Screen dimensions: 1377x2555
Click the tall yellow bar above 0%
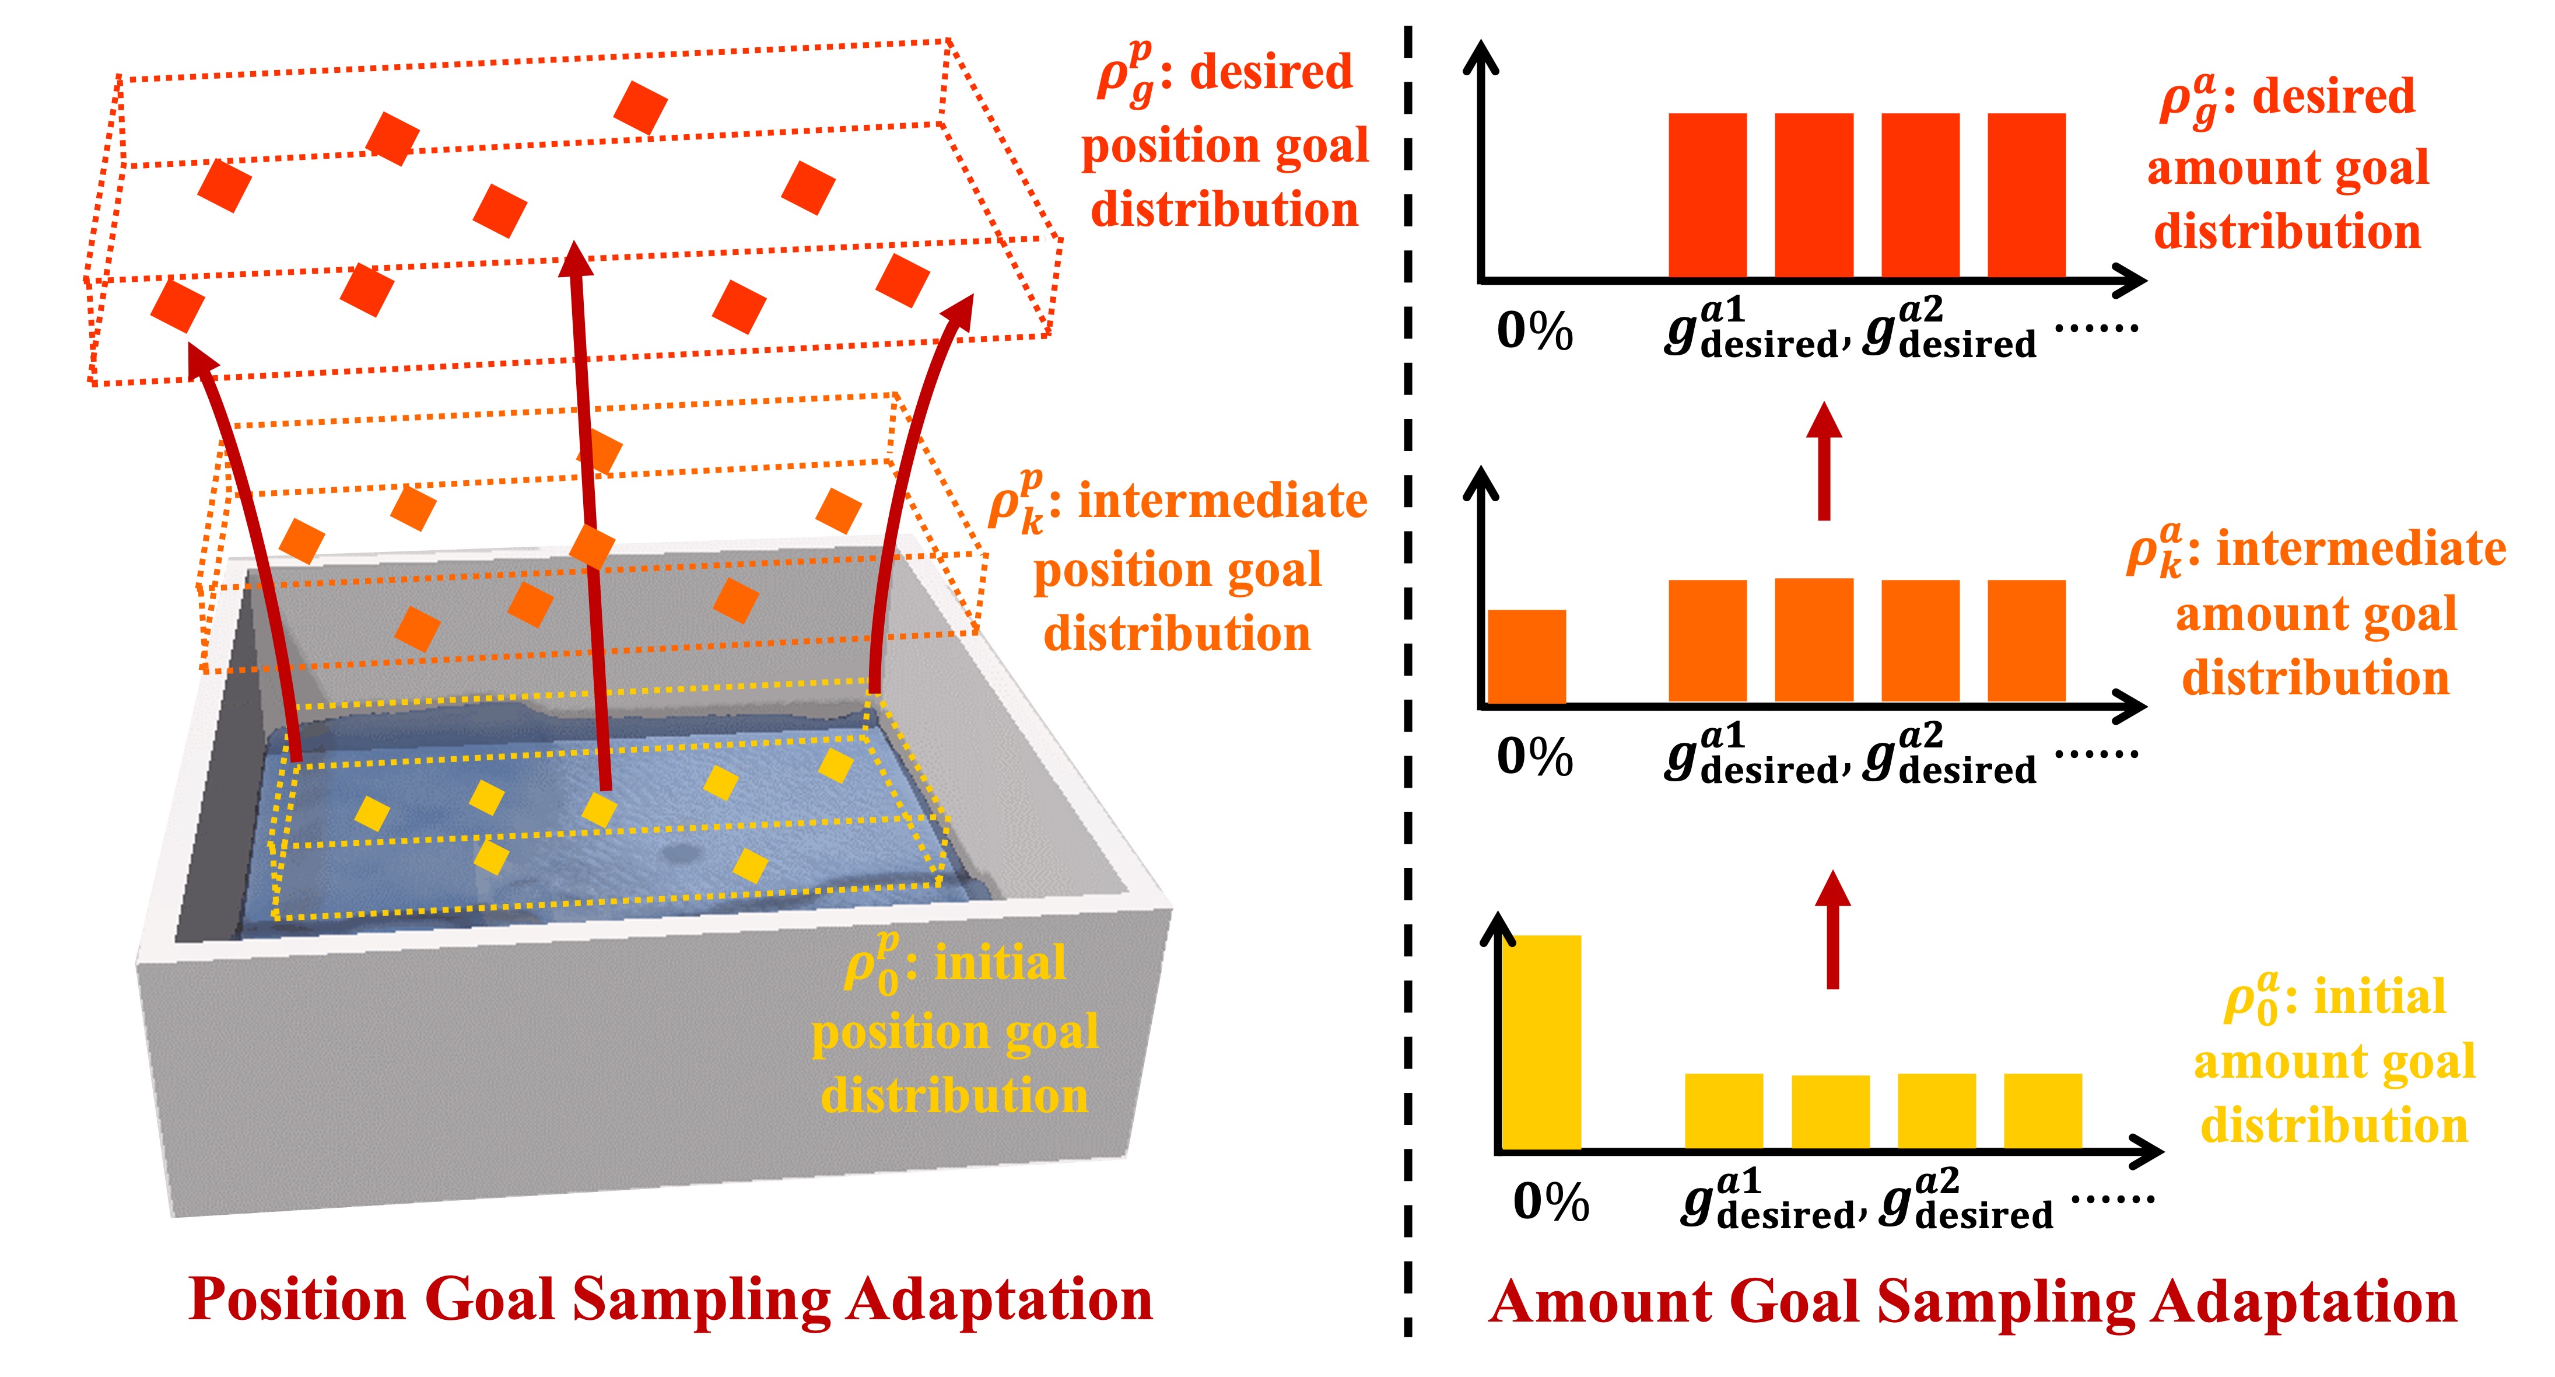(1541, 1042)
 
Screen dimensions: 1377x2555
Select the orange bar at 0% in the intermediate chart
(1526, 657)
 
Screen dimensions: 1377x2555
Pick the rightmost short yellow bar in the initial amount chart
(2042, 1111)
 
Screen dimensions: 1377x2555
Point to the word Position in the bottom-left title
(297, 1299)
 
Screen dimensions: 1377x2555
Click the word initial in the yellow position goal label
(1000, 962)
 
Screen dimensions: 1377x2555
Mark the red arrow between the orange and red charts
(1823, 462)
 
